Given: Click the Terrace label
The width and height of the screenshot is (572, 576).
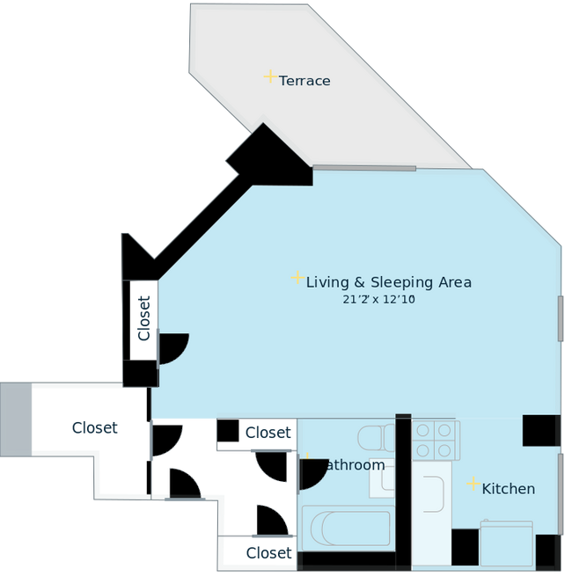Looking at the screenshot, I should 304,81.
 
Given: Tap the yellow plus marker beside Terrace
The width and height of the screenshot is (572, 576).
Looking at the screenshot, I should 269,77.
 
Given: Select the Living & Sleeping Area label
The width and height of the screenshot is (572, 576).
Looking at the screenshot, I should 388,282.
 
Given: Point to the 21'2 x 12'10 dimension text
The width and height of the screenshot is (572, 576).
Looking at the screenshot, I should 378,300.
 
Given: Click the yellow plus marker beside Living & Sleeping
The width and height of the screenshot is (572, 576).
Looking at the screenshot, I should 297,278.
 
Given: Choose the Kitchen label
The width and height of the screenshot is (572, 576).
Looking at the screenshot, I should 508,489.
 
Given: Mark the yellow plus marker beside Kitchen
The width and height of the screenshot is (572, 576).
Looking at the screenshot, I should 473,485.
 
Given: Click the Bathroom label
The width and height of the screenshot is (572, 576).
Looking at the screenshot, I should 352,465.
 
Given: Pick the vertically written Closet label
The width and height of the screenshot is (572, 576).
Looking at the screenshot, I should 143,318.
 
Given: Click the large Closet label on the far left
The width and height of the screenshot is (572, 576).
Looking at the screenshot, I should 94,429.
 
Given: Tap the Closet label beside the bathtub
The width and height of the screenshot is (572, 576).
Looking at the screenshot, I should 268,553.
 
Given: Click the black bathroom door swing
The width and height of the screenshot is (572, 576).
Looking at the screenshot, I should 311,476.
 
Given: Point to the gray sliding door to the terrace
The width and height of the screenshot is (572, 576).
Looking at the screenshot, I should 364,167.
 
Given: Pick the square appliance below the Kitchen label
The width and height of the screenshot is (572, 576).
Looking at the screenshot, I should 506,543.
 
